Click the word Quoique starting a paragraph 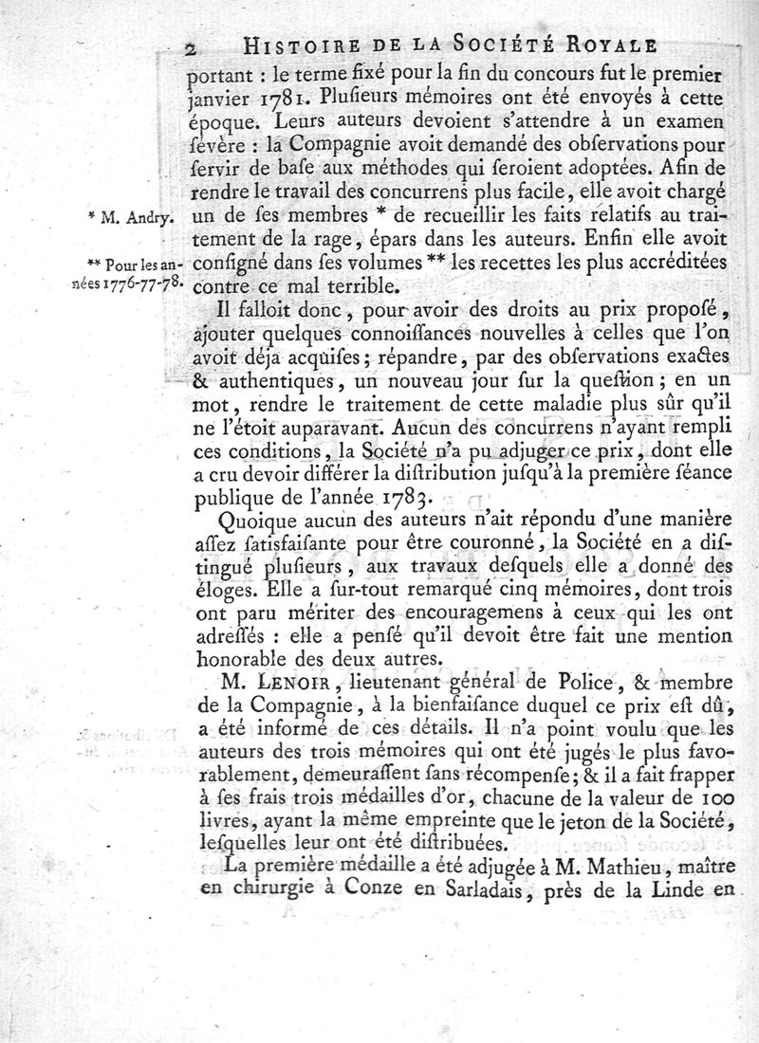[x=254, y=521]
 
